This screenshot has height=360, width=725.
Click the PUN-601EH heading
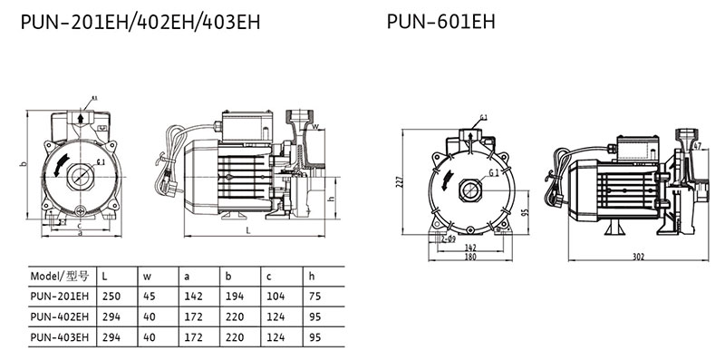[440, 21]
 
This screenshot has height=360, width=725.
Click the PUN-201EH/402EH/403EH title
[140, 22]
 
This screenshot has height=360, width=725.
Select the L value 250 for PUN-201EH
[111, 297]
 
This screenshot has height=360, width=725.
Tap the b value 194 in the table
[235, 297]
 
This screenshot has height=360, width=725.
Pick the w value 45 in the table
[150, 297]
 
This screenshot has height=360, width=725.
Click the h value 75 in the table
[314, 297]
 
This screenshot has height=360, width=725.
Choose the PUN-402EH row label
[59, 317]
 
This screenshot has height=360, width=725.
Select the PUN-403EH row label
[59, 337]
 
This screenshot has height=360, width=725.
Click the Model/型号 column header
[59, 277]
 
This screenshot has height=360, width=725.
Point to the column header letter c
[268, 277]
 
